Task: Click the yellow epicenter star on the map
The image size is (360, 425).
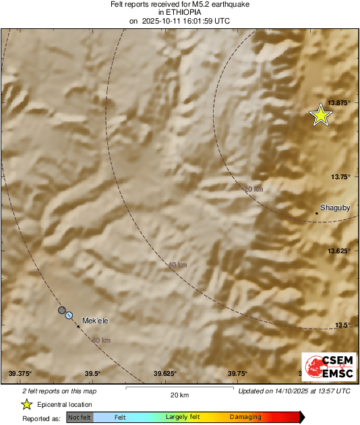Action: (321, 116)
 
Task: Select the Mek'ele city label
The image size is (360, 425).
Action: (95, 321)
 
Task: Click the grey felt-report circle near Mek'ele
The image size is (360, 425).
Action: (62, 310)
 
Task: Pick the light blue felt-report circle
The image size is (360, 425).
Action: (69, 315)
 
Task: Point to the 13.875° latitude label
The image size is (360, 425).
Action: (340, 102)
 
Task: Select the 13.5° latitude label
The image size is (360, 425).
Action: (344, 325)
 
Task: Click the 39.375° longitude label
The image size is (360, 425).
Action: (20, 373)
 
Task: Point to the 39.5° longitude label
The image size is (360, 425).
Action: (93, 373)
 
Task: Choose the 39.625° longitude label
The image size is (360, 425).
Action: (165, 373)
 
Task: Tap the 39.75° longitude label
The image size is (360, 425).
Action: (237, 373)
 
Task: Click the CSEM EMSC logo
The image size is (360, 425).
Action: (325, 367)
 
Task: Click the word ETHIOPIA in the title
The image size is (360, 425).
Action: (180, 13)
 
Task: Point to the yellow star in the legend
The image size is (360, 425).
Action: (26, 404)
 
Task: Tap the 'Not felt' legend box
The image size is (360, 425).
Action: (80, 418)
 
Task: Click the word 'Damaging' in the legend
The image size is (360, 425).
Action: (245, 418)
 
